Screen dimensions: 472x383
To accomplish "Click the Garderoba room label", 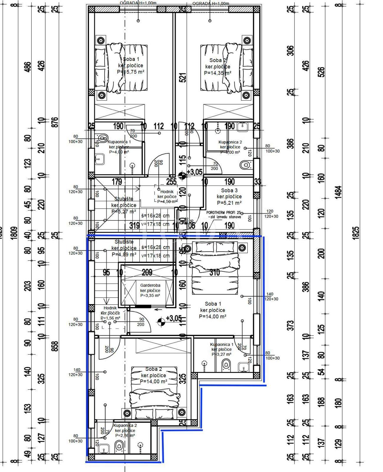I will coord(150,285).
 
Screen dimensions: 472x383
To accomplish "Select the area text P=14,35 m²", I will coord(217,73).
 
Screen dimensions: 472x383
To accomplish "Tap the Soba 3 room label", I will coord(229,190).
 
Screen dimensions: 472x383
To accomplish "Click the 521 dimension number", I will coord(183,78).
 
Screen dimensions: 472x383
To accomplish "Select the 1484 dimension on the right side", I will coord(339,192).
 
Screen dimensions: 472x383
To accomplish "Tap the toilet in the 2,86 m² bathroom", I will coord(119,446).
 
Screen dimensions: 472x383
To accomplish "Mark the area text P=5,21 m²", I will coord(229,203).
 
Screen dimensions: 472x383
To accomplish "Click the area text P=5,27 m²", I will coord(124,211).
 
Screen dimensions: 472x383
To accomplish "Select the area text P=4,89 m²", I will coord(124,255).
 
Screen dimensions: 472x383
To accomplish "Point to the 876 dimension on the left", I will coord(55,123).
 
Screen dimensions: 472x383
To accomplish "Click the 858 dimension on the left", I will coord(55,346).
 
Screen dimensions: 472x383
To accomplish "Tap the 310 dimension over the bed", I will coord(214,272).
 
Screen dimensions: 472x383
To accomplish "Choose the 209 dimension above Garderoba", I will coord(147,272).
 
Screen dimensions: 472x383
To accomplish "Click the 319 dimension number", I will coord(134,225).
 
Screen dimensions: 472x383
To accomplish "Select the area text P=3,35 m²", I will coord(150,296).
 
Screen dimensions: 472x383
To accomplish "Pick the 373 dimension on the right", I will coord(290,326).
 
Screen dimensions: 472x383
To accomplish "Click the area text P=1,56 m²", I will coord(110,318).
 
